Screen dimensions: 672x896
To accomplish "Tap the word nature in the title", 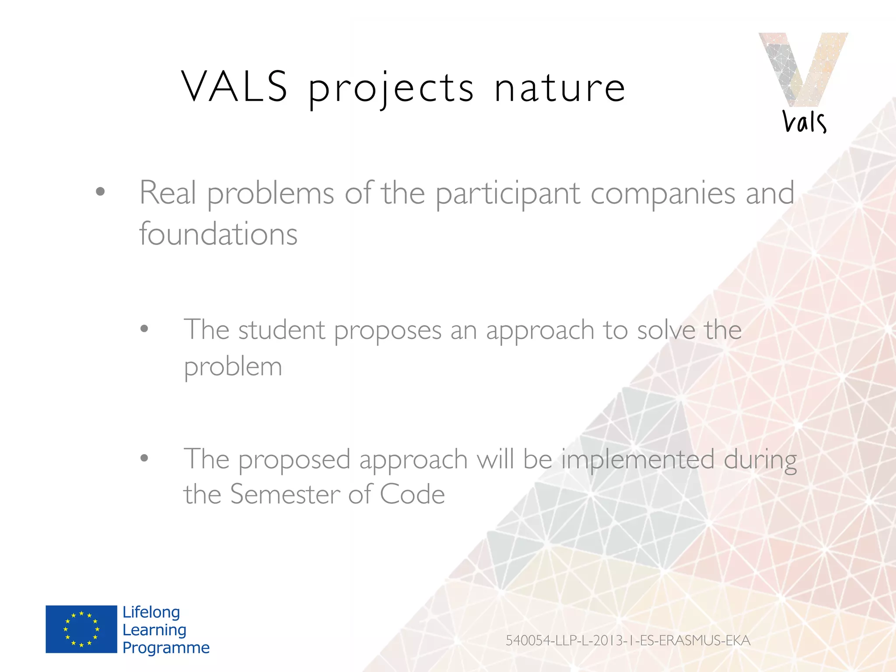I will [560, 89].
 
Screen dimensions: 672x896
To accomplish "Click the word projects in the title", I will [391, 90].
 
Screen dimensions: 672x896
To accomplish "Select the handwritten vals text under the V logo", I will [804, 122].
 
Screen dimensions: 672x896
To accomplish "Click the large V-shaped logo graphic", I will [803, 68].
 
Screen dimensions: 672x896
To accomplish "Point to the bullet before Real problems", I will [101, 192].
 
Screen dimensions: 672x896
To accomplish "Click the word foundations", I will [218, 234].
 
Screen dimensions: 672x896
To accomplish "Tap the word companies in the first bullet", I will [663, 193].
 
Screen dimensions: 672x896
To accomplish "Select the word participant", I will [507, 193].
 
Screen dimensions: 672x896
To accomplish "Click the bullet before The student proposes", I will [144, 329].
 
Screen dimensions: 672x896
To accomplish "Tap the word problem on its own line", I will [233, 367].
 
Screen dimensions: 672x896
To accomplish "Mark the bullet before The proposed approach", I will [144, 458].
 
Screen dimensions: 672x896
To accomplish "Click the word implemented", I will [637, 459].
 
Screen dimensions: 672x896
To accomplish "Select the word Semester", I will [285, 494].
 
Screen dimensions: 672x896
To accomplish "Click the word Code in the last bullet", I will [412, 494].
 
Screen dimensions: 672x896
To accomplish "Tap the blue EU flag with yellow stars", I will [81, 629].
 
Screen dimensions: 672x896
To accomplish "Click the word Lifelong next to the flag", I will [151, 612].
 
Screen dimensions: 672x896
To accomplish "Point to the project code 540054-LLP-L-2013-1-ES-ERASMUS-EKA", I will [628, 640].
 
